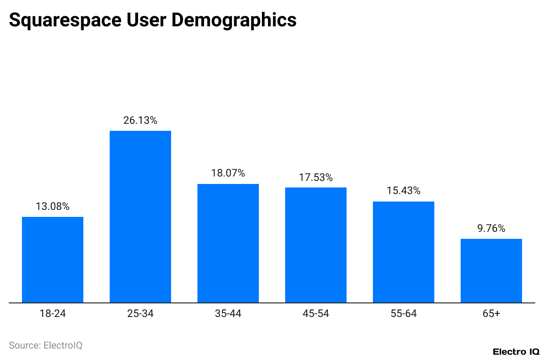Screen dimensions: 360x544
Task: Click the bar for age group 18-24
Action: pos(53,260)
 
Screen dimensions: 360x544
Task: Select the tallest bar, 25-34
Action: pos(140,217)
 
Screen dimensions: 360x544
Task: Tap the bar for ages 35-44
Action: pos(228,243)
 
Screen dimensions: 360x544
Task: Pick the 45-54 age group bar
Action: pos(316,245)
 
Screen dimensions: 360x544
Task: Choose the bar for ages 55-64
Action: pos(404,252)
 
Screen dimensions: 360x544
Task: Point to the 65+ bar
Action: pos(491,271)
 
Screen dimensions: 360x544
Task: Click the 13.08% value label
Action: pos(53,206)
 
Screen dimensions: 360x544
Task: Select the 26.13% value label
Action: pos(140,120)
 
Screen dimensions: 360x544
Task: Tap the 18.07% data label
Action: pos(228,173)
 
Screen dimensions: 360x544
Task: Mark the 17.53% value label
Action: pos(316,177)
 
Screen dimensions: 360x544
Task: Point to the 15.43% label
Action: pos(404,191)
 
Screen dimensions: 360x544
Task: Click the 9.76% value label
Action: pos(491,228)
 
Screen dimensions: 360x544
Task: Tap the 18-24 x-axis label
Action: pos(53,314)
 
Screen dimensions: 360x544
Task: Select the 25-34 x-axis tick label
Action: pos(140,314)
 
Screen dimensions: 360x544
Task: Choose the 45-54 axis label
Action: pos(316,314)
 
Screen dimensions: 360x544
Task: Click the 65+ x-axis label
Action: pos(491,314)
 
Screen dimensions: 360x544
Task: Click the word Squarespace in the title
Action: pos(61,20)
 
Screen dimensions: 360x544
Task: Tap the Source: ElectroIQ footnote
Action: pos(46,346)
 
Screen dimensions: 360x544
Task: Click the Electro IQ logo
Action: pos(516,352)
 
